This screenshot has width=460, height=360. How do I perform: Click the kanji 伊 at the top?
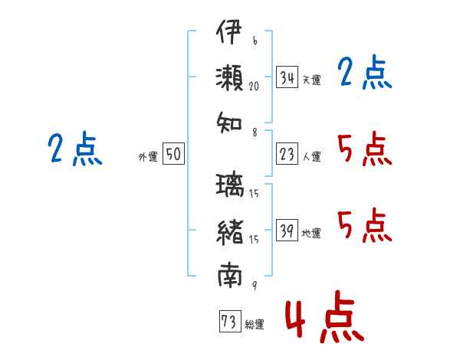[x=229, y=34]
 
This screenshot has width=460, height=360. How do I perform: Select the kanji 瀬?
[x=229, y=77]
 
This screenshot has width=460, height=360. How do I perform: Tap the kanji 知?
[x=229, y=120]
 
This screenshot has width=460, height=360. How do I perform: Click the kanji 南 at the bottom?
[x=229, y=273]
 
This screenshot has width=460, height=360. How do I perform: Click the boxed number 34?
[x=287, y=77]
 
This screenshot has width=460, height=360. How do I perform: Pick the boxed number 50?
[x=173, y=155]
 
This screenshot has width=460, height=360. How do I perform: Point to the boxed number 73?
[x=228, y=322]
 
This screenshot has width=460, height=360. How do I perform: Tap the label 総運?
[x=254, y=324]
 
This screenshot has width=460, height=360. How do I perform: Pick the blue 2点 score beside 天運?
[x=365, y=74]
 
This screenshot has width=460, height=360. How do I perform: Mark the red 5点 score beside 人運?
[x=365, y=149]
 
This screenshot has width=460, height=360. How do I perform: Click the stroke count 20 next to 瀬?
[x=254, y=87]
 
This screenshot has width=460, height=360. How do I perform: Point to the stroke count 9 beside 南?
[x=254, y=286]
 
